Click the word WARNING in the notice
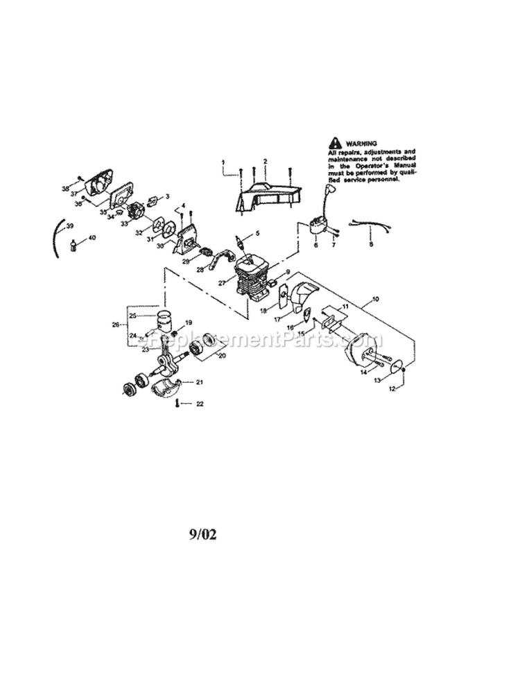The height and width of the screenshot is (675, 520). click(361, 142)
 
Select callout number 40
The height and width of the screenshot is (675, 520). click(92, 237)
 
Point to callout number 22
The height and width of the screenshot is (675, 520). click(200, 404)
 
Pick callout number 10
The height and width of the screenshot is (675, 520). click(375, 299)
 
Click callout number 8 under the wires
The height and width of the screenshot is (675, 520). click(370, 244)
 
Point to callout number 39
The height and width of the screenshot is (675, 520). click(69, 227)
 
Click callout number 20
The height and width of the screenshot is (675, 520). click(222, 356)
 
